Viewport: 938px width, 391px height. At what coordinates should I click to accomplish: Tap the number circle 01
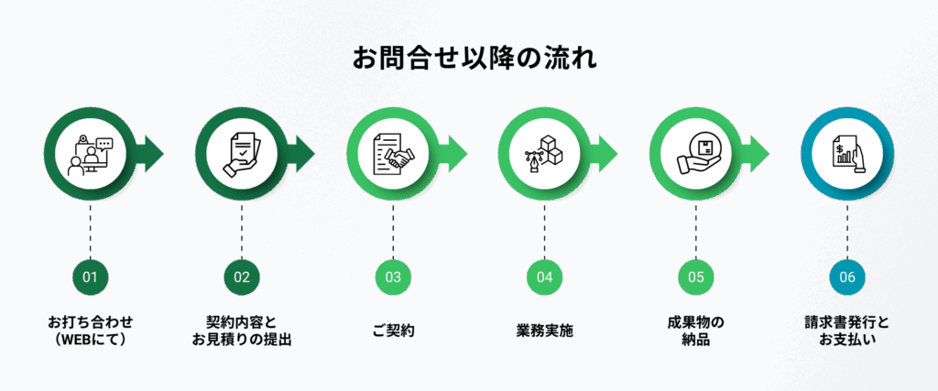[90, 277]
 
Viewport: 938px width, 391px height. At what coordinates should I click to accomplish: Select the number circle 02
[242, 277]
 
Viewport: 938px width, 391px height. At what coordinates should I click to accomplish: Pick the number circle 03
[393, 277]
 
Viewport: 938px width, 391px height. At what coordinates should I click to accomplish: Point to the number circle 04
[544, 277]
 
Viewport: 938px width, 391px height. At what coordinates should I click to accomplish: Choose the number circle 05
[695, 277]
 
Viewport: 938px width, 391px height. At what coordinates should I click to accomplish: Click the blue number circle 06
[846, 277]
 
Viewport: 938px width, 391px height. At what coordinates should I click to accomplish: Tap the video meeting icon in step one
[90, 155]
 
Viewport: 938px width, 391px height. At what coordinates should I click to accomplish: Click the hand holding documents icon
[242, 155]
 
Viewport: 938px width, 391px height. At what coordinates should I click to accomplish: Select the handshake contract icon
[393, 155]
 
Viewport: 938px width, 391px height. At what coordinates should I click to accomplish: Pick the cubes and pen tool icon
[544, 155]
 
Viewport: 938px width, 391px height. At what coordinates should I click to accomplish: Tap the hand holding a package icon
[695, 155]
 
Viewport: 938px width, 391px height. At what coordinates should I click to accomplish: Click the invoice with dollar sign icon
[846, 155]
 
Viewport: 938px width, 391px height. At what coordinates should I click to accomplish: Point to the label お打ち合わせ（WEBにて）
[90, 331]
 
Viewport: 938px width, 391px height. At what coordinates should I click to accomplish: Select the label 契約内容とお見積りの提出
[242, 331]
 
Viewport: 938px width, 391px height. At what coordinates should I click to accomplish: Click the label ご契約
[393, 331]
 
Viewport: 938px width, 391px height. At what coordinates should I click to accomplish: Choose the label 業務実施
[544, 331]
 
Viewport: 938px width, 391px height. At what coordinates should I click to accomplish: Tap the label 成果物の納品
[695, 331]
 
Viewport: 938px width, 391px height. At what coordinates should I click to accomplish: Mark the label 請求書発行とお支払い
[846, 331]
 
